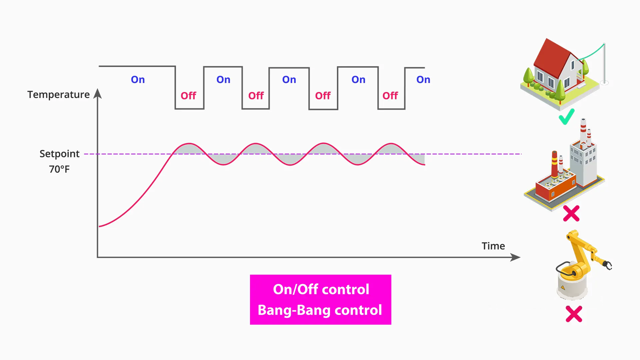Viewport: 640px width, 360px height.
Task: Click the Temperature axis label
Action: point(58,95)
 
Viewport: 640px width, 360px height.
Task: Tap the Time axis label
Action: point(493,246)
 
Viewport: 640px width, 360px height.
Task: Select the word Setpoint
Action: point(59,154)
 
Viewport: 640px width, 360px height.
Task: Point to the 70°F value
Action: point(59,169)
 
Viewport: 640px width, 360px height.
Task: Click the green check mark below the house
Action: point(566,117)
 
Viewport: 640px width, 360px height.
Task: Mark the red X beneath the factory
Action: point(571,213)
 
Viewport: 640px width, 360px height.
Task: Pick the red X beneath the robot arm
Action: point(574,314)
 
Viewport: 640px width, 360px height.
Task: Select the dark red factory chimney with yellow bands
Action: point(554,165)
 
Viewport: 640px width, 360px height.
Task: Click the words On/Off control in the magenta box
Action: point(321,289)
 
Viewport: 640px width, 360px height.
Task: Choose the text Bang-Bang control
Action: point(320,310)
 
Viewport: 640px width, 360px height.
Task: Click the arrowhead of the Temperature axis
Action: point(98,94)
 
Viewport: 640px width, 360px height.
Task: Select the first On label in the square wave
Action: point(138,80)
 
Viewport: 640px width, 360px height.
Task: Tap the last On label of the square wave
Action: point(423,80)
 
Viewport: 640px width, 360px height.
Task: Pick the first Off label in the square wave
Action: point(188,96)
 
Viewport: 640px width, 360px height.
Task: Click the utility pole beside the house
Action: point(604,63)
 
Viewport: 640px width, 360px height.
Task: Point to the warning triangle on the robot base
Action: point(563,287)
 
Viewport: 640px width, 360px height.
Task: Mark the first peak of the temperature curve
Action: point(189,144)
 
